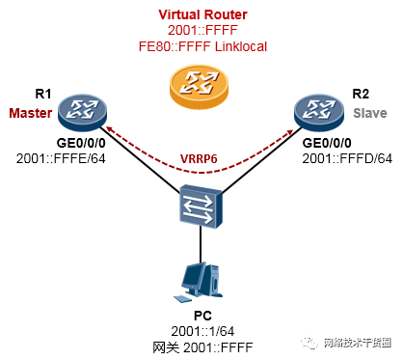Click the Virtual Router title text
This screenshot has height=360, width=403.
click(201, 15)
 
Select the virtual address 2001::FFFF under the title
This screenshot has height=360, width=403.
click(201, 31)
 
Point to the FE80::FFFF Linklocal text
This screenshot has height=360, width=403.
click(201, 46)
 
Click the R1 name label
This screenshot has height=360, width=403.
click(42, 94)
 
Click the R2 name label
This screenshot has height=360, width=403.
click(361, 94)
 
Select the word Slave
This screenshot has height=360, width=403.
click(366, 113)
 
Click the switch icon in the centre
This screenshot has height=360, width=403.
click(201, 206)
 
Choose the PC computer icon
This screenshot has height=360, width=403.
click(193, 281)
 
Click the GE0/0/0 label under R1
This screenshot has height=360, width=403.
click(60, 142)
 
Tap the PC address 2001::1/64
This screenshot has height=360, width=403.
click(203, 329)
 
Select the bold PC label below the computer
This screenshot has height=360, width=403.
click(203, 315)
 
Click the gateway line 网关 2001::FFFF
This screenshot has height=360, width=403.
click(203, 345)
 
